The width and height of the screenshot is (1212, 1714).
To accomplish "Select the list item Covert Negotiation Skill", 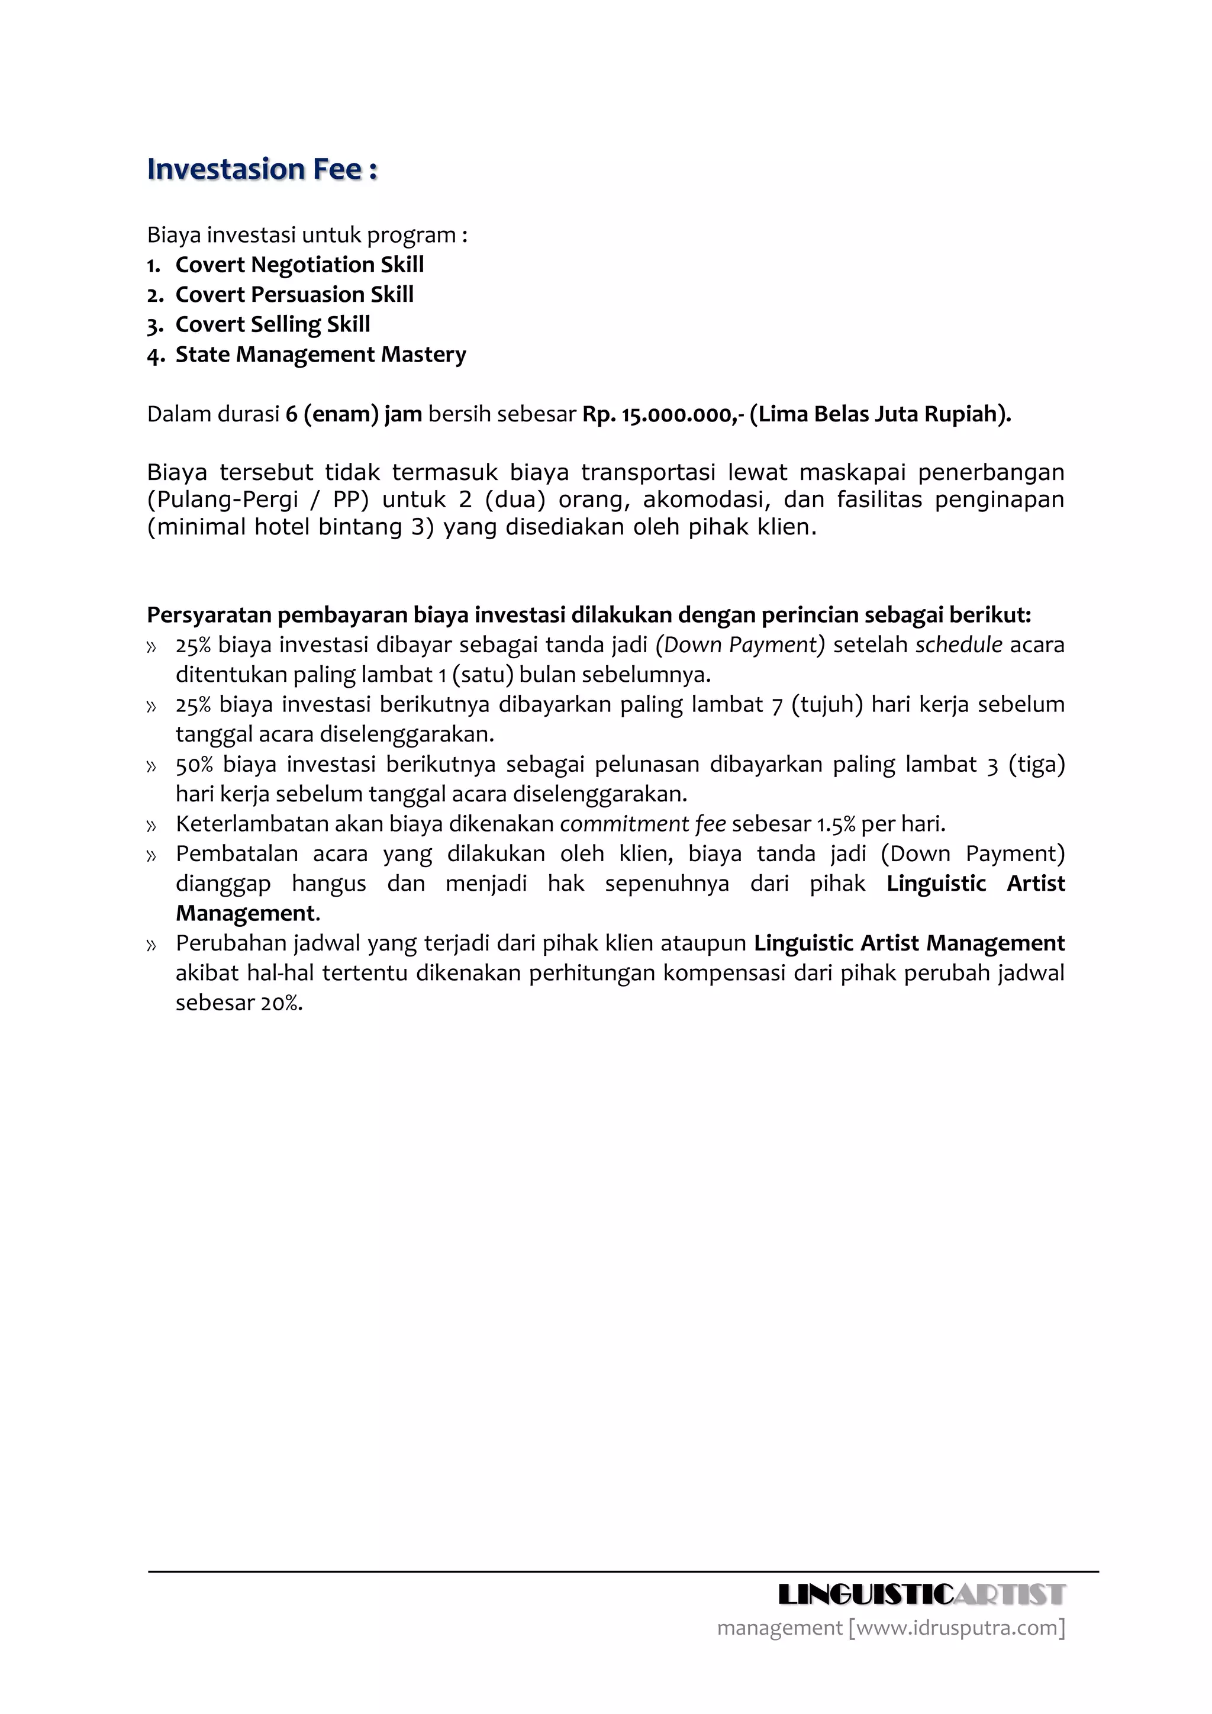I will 299,265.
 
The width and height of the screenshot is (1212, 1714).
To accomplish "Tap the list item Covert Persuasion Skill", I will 294,294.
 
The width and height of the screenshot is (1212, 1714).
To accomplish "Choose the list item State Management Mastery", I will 320,354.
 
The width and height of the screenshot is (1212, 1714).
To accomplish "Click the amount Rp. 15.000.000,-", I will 663,414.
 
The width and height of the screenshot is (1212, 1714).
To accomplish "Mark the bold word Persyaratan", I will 209,615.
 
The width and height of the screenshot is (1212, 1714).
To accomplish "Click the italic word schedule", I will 958,645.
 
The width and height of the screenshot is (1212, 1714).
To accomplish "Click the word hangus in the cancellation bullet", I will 328,884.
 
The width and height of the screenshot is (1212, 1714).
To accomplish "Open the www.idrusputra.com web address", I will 957,1628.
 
